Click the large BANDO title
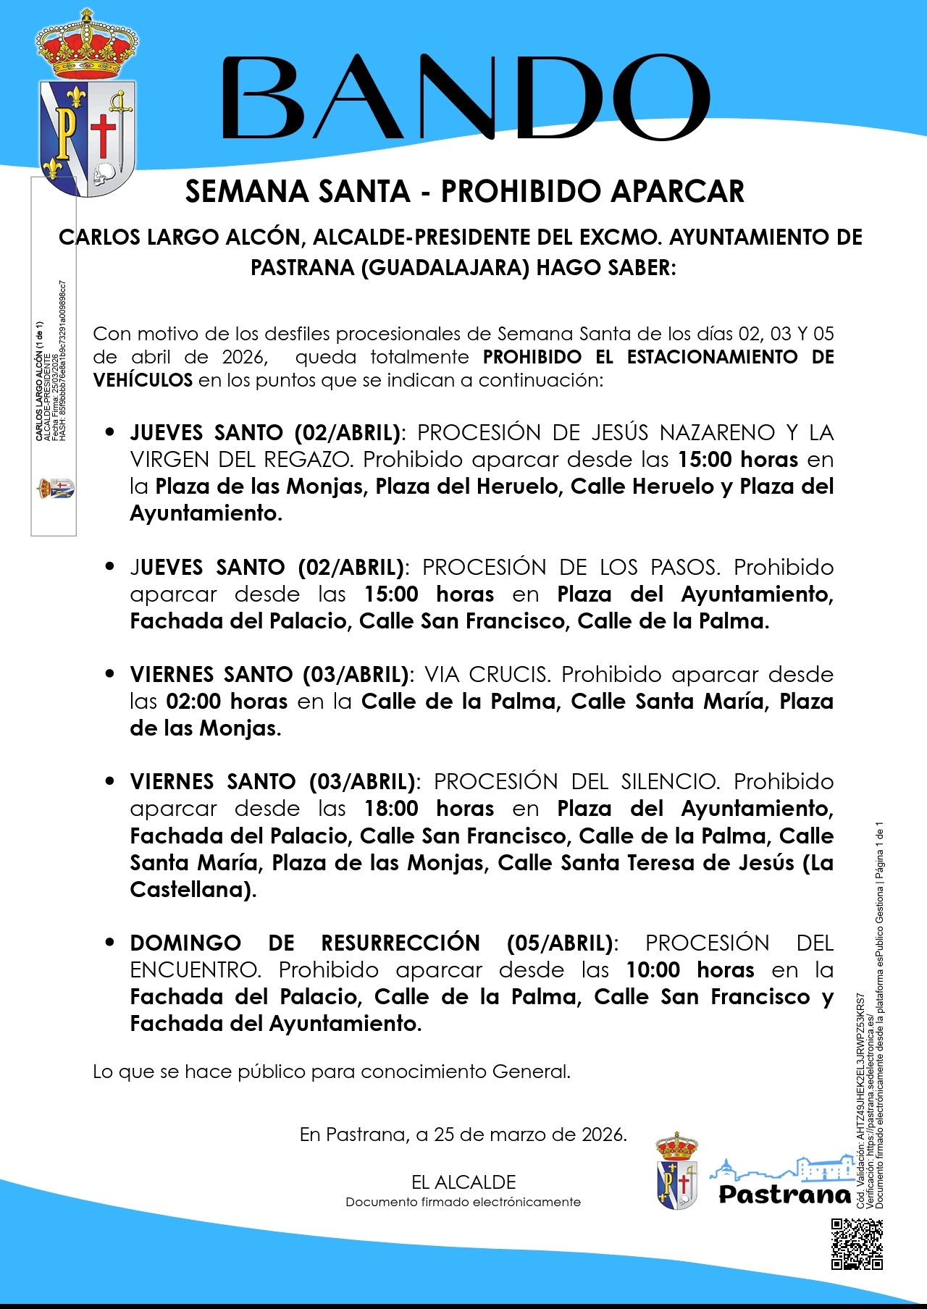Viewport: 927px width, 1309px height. [465, 98]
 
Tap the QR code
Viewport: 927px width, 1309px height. [857, 1244]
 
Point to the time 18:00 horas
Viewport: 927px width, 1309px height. [391, 808]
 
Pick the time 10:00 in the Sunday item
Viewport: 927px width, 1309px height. [653, 969]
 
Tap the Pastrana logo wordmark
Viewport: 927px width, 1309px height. [784, 1194]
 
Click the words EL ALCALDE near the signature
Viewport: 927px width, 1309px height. [463, 1182]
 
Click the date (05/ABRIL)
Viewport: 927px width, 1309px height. [560, 943]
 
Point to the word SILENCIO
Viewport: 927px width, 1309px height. [668, 781]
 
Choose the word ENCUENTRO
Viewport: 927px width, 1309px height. [194, 969]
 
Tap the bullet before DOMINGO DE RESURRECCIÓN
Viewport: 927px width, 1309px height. [110, 943]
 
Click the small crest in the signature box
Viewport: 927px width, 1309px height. [55, 489]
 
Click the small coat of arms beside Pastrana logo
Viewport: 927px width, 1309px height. [676, 1173]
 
